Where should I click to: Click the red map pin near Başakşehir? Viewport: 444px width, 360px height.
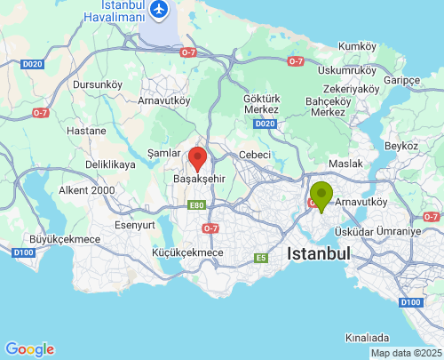199,159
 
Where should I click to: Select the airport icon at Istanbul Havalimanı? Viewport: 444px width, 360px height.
160,9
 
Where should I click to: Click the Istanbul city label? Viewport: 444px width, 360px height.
319,253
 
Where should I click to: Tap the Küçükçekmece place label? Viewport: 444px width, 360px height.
187,253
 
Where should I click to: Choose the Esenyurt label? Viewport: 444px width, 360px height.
135,225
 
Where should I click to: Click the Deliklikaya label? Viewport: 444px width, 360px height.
110,165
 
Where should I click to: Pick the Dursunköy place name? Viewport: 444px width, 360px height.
97,84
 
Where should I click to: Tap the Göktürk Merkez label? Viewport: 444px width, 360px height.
261,104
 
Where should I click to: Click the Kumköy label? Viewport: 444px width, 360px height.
358,45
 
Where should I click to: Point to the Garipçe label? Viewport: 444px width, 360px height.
400,80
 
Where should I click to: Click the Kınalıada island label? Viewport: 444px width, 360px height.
367,338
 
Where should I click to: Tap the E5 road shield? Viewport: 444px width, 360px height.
261,258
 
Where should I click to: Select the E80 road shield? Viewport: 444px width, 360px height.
196,205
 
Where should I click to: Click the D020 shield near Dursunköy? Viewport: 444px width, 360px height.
32,64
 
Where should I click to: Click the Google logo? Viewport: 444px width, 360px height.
29,349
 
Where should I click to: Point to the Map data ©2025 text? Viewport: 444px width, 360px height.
405,353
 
